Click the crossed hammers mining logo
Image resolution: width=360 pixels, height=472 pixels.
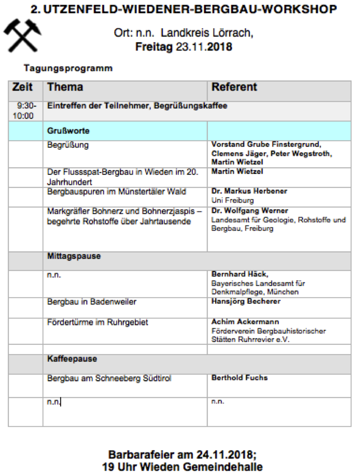click(22, 35)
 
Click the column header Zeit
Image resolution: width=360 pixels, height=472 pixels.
click(22, 87)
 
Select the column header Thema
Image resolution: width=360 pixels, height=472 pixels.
click(65, 87)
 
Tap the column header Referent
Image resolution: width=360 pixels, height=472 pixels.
click(234, 87)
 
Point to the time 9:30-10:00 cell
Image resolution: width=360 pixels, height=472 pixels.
click(25, 111)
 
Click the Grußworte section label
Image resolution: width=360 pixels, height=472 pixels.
click(68, 131)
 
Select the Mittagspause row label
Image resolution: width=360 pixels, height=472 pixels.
click(74, 256)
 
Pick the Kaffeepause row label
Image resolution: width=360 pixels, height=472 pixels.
click(72, 359)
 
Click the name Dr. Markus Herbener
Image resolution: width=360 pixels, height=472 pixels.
click(249, 191)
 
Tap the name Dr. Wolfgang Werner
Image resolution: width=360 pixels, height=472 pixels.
click(250, 211)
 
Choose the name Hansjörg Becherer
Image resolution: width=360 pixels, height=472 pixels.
click(246, 301)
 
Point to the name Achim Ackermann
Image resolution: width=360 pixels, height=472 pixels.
click(245, 322)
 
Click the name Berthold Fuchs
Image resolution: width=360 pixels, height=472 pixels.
click(239, 378)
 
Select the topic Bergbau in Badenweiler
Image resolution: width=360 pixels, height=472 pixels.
click(91, 302)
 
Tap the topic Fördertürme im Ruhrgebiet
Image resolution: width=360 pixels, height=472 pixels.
click(97, 322)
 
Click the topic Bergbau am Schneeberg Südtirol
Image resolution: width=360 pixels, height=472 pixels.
click(109, 378)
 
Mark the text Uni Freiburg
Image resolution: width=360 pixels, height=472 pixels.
click(232, 200)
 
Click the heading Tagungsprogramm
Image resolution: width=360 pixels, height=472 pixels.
click(68, 69)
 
